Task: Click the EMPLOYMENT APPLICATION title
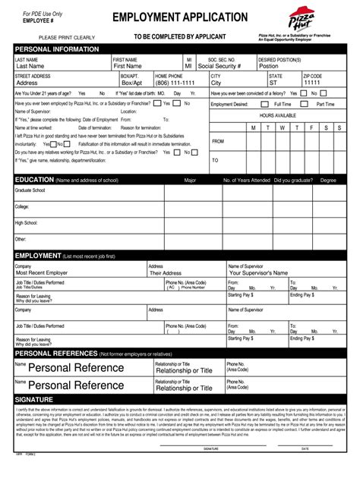coord(180,17)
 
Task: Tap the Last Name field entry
coord(36,66)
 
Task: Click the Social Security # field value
coord(219,66)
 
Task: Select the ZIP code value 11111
coord(312,83)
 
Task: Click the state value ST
coord(273,83)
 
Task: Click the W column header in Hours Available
coord(282,128)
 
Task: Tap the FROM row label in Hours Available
coord(218,141)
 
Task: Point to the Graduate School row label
coord(30,190)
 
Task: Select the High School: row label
coord(26,223)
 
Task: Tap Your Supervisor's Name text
coord(258,272)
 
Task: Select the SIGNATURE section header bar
coord(180,399)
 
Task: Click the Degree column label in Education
coord(327,181)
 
